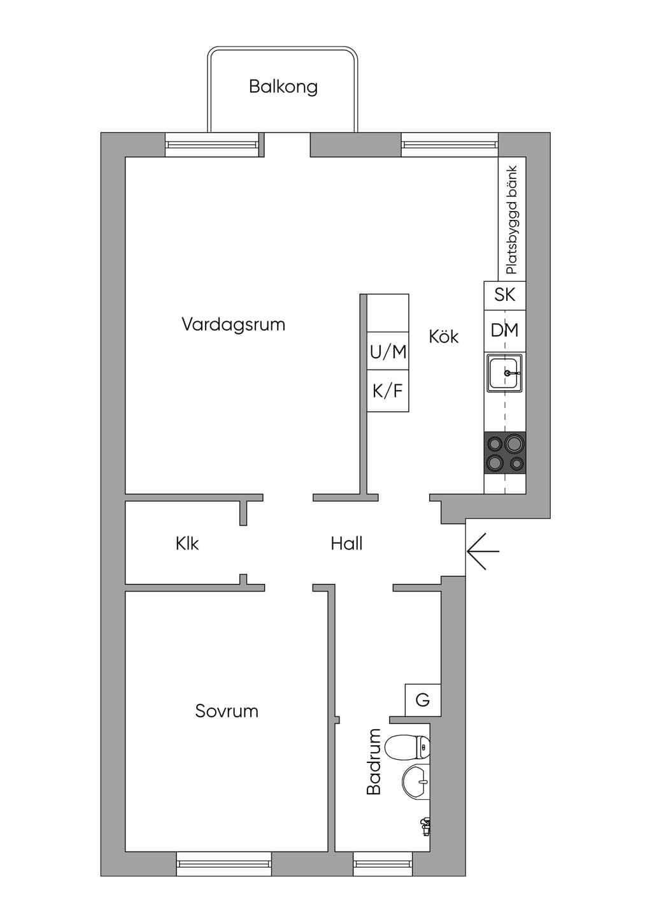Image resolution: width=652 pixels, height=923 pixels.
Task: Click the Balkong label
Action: coord(283,87)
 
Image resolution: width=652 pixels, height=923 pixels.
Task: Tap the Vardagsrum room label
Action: coord(234,324)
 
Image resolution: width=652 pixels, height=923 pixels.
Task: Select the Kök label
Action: coord(444,336)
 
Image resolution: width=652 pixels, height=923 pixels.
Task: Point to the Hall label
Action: coord(346,544)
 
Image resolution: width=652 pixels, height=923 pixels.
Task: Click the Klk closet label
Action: coord(187,544)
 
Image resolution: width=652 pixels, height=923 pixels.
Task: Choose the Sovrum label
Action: coord(227,711)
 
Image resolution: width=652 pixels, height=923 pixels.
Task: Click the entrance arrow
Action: coord(483,551)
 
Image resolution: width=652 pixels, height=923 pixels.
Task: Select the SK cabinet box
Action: coord(505,295)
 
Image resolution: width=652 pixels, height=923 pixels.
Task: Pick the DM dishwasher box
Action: coord(505,331)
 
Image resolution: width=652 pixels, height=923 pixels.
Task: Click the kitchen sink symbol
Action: coord(505,373)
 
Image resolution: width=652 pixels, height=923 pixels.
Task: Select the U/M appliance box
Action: coord(388,351)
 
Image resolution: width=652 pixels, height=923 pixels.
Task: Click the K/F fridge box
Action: coord(388,391)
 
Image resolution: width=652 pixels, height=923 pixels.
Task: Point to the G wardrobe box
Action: coord(423,700)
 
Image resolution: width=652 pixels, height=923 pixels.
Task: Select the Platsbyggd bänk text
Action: coord(512,220)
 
